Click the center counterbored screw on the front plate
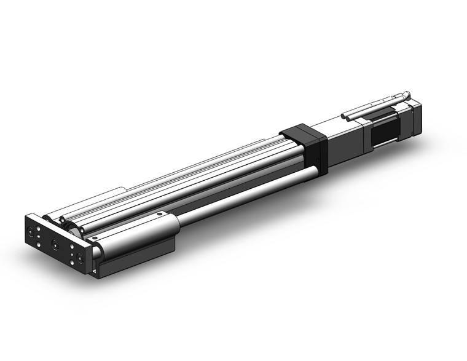click(56, 244)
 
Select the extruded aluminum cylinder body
click(203, 175)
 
